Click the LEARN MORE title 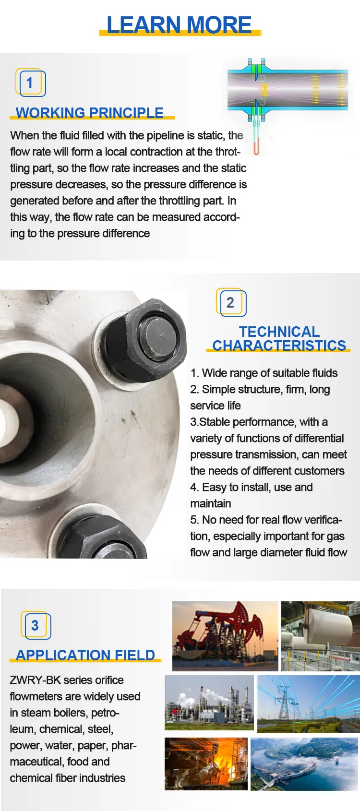[179, 24]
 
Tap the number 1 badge [30, 83]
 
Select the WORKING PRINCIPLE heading [90, 113]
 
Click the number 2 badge [231, 303]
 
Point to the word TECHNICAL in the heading [279, 332]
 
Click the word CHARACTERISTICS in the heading [279, 346]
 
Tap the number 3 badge [35, 625]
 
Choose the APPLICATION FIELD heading [85, 655]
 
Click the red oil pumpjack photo [225, 636]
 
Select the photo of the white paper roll [320, 636]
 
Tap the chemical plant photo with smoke [209, 703]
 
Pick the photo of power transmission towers [308, 704]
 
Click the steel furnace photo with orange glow [206, 763]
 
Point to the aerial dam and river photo [304, 764]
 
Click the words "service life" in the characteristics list [216, 405]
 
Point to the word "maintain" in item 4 [211, 503]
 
